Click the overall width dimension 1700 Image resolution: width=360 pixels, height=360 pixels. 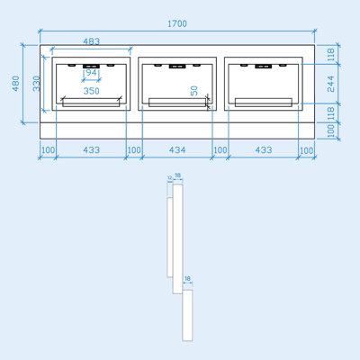179,23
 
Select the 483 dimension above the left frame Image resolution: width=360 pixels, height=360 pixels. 91,41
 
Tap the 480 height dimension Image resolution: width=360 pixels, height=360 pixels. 15,82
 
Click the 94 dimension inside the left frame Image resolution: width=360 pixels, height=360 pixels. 91,73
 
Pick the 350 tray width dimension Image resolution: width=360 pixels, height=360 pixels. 91,91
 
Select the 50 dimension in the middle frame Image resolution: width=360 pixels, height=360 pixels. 195,90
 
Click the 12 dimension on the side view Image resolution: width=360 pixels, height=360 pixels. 169,178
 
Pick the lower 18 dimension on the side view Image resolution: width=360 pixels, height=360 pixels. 187,280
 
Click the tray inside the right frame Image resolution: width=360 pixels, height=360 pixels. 264,102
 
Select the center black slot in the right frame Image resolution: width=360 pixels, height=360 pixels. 264,67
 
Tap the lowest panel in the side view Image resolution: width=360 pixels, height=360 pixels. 187,314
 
